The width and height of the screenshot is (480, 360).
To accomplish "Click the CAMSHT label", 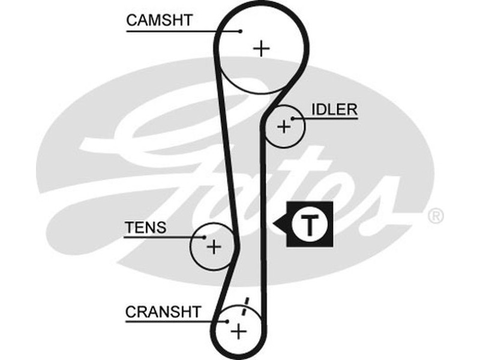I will [x=159, y=20].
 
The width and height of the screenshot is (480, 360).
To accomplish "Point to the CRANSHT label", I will [x=163, y=312].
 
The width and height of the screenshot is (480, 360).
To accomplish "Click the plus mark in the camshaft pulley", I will [x=261, y=48].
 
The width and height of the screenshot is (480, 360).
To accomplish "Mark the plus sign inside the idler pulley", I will [x=284, y=127].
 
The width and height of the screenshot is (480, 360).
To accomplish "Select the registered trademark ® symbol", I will [x=436, y=214].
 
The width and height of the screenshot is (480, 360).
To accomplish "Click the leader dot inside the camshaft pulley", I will [x=240, y=31].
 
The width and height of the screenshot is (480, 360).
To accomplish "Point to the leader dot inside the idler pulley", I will [x=293, y=119].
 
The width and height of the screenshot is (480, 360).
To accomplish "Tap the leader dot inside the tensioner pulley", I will [x=204, y=237].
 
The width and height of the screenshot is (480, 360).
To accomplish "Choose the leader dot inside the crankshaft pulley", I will [x=227, y=322].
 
